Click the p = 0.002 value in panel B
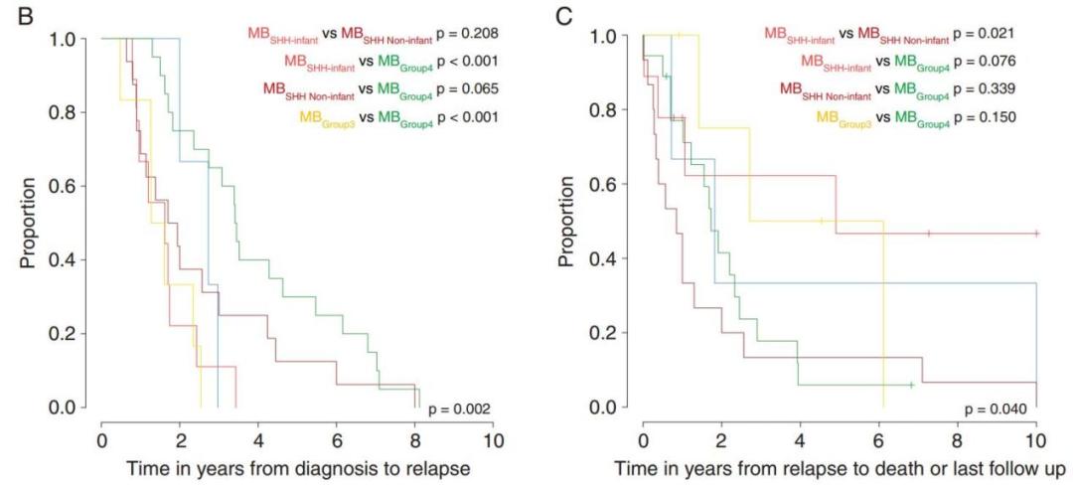coord(458,408)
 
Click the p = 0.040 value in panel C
coord(999,408)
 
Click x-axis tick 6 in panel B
coord(337,438)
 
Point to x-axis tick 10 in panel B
coord(493,438)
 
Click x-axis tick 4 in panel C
coord(800,438)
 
